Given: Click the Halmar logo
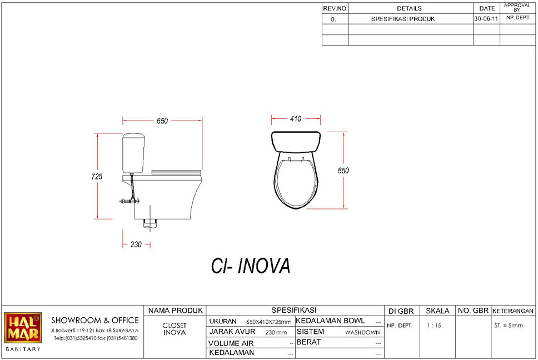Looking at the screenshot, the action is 23,327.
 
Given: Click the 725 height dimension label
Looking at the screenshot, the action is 97,177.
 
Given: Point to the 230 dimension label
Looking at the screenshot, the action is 136,244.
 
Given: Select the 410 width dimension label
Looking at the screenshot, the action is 296,119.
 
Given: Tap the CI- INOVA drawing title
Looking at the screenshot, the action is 251,266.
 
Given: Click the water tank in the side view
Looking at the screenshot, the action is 133,153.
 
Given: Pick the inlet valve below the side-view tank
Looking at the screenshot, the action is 129,201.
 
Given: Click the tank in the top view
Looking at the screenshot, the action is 296,141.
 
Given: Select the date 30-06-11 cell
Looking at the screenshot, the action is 486,19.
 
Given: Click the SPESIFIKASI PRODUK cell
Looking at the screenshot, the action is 403,19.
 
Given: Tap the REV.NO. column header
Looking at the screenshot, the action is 335,8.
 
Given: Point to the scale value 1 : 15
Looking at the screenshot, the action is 434,326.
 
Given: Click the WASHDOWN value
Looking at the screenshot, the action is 362,332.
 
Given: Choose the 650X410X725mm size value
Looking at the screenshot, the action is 268,322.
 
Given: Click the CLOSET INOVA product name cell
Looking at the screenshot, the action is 175,329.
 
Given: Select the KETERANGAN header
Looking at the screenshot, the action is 513,311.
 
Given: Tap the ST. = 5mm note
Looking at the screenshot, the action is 509,326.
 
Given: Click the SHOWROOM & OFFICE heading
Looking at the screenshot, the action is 95,321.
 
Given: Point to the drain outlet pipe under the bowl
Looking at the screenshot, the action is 150,223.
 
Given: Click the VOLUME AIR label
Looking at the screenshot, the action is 231,343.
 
